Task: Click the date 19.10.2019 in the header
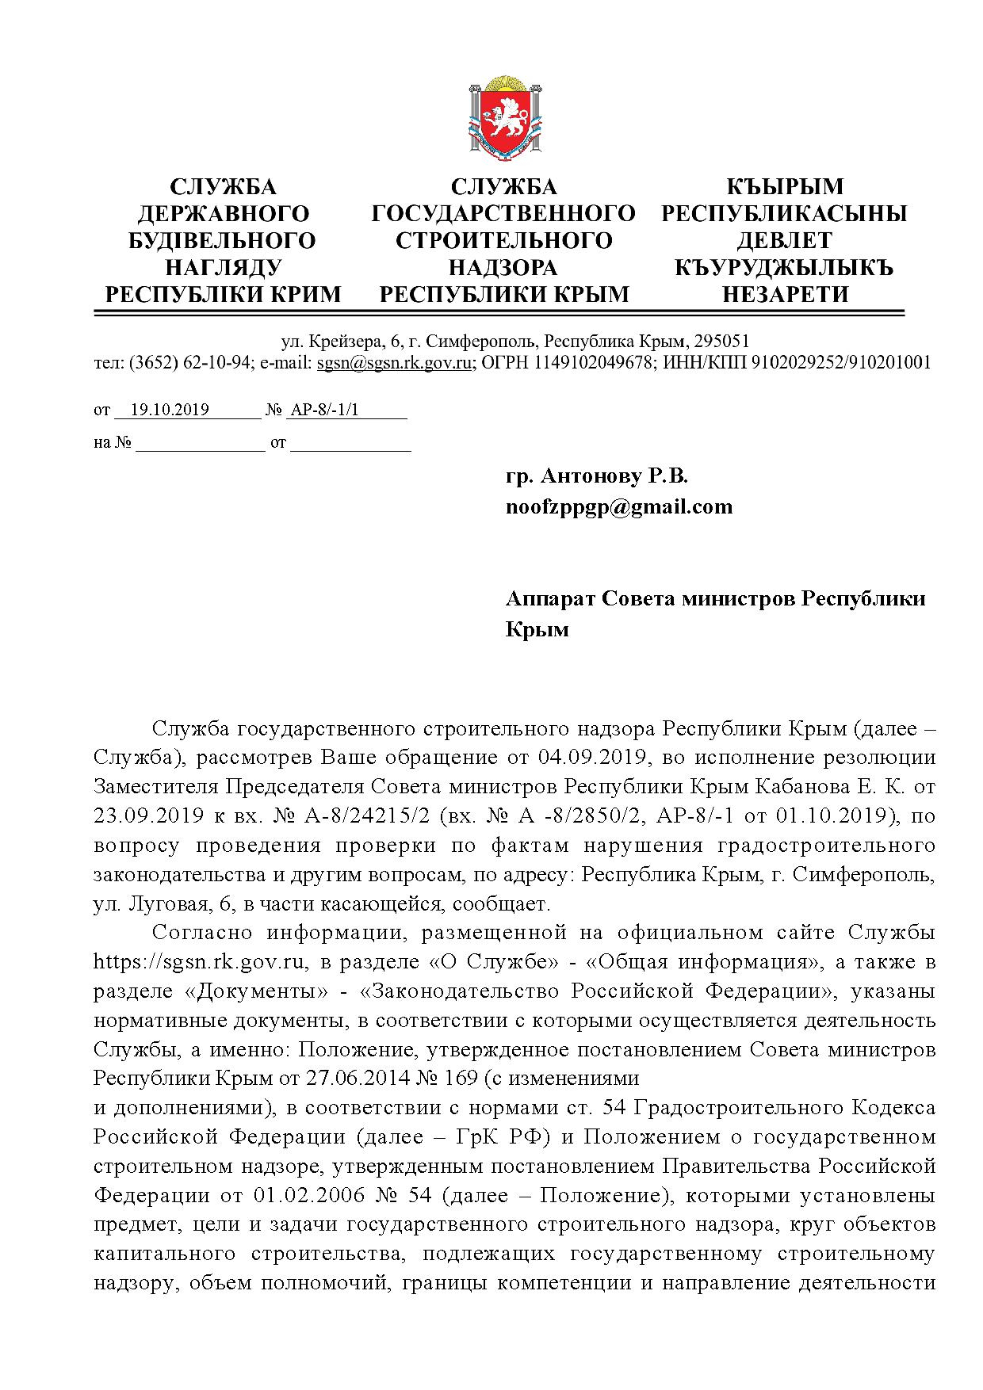[170, 410]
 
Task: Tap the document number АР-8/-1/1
[325, 410]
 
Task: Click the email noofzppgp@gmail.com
[619, 506]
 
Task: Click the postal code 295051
[721, 342]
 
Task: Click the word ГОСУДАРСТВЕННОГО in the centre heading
[504, 213]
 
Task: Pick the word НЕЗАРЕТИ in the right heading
[785, 294]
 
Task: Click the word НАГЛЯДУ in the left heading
[223, 267]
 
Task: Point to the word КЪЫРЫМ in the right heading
[785, 186]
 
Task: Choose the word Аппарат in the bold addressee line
[549, 598]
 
